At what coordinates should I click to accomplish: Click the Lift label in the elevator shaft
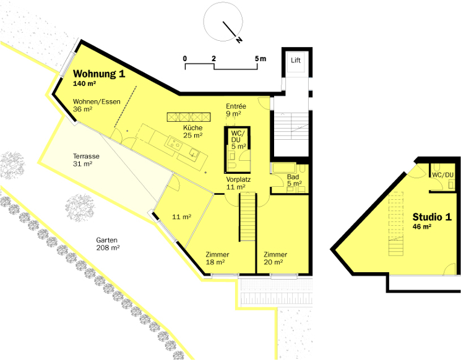click(x=296, y=60)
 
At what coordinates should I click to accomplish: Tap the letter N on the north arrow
click(x=239, y=40)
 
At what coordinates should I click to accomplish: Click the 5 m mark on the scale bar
click(x=261, y=59)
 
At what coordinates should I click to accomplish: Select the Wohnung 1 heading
click(x=99, y=74)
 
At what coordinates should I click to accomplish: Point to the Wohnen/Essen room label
click(x=97, y=101)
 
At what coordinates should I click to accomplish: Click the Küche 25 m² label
click(x=193, y=131)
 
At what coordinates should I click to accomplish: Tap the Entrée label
click(x=236, y=106)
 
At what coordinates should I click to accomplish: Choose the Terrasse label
click(x=86, y=156)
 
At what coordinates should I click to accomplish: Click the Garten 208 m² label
click(x=108, y=244)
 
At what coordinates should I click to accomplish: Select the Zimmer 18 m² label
click(x=217, y=259)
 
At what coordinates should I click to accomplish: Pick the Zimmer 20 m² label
click(x=275, y=259)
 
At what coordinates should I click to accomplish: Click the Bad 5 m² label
click(x=295, y=180)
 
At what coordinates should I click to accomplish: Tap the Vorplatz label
click(x=238, y=179)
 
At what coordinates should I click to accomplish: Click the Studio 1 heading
click(x=432, y=217)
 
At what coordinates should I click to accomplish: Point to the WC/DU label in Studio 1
click(x=442, y=175)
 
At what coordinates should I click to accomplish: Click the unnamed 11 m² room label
click(x=182, y=217)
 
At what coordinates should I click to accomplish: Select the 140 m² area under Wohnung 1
click(x=84, y=84)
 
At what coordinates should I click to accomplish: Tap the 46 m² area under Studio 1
click(x=422, y=226)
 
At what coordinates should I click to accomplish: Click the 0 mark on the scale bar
click(x=184, y=59)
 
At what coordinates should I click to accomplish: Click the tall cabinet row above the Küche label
click(x=189, y=117)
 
